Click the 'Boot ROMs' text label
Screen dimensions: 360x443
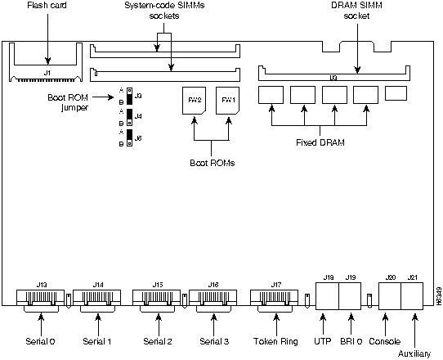[212, 162]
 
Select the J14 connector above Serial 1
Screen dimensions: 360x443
[98, 296]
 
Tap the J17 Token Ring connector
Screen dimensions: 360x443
[271, 296]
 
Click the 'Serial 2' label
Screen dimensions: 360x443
[158, 340]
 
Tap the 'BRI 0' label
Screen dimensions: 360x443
[354, 340]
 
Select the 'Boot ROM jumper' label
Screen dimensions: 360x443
[67, 101]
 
